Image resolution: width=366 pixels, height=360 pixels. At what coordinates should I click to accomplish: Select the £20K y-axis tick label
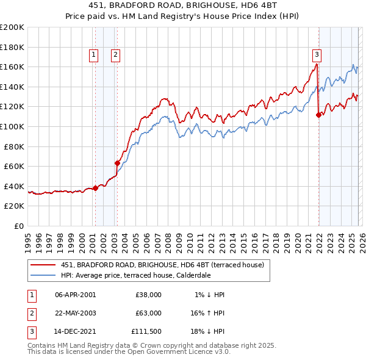tap(14, 206)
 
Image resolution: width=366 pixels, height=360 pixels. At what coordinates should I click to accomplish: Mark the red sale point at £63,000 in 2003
tap(117, 163)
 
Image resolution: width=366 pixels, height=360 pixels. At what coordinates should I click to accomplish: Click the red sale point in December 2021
tap(318, 114)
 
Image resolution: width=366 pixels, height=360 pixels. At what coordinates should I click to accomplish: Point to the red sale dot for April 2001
tap(95, 188)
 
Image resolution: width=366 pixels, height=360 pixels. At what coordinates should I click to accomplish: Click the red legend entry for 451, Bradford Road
tap(162, 265)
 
